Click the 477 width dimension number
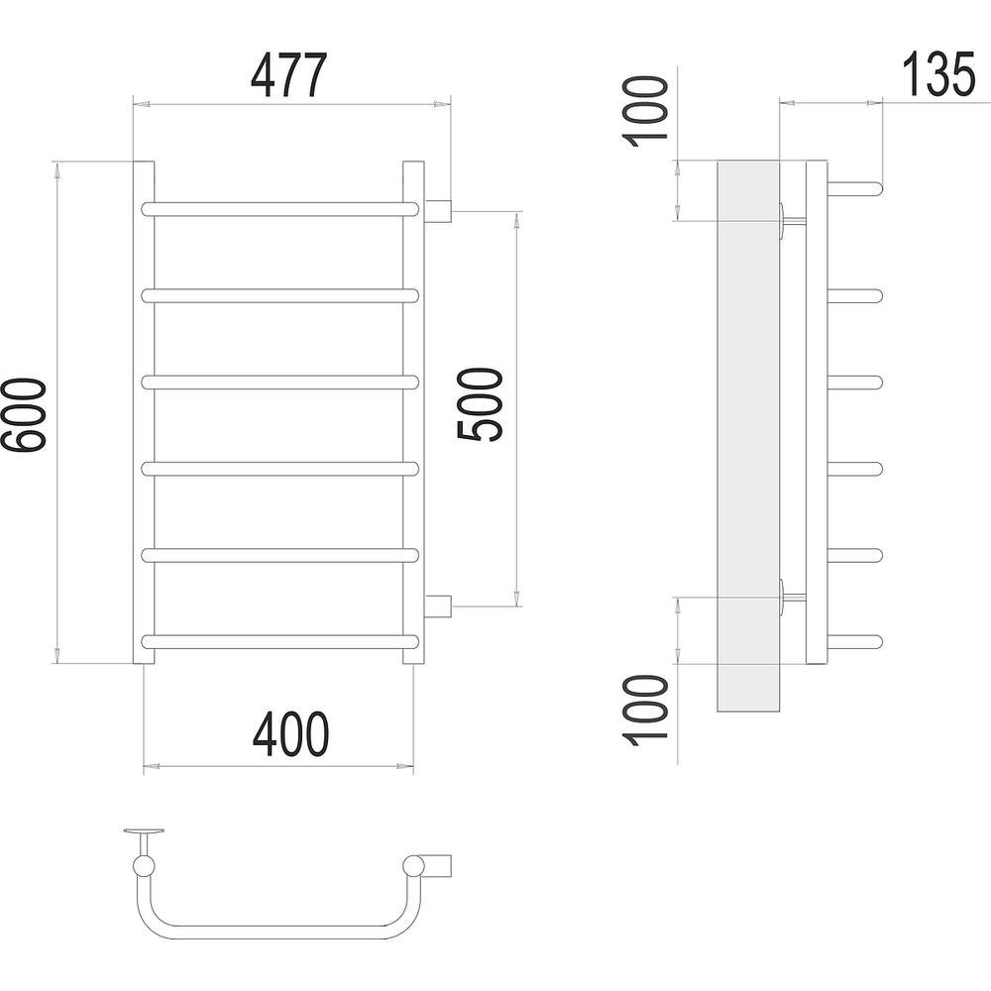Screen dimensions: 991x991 pos(289,75)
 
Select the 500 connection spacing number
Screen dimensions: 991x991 pos(480,404)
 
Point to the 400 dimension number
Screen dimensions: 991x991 pos(290,733)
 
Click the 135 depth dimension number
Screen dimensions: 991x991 pos(938,74)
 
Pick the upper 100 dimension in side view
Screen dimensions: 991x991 pos(645,111)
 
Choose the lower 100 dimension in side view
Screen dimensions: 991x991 pos(645,711)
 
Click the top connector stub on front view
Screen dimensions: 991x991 pos(437,210)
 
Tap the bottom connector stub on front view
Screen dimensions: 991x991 pos(437,606)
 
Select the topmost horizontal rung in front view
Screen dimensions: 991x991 pos(280,209)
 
